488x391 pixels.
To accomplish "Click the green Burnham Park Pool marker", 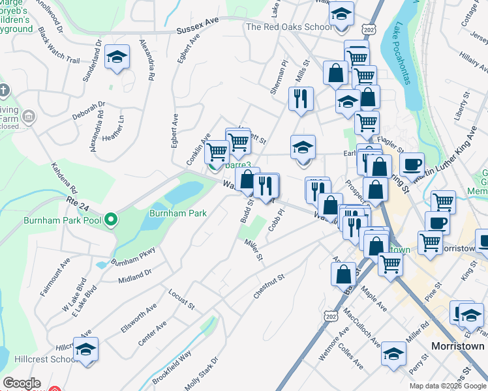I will click(x=111, y=220).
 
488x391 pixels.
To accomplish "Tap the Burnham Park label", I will click(x=178, y=213).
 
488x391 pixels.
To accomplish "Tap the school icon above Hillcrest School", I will click(x=85, y=350).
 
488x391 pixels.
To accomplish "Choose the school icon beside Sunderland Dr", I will click(x=117, y=57).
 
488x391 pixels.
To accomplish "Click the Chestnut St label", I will click(x=269, y=287).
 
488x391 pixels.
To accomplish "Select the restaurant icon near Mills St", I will click(x=301, y=99).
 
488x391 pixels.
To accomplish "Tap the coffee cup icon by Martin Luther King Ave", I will click(x=412, y=164).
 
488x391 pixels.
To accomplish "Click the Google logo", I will click(x=22, y=383).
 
